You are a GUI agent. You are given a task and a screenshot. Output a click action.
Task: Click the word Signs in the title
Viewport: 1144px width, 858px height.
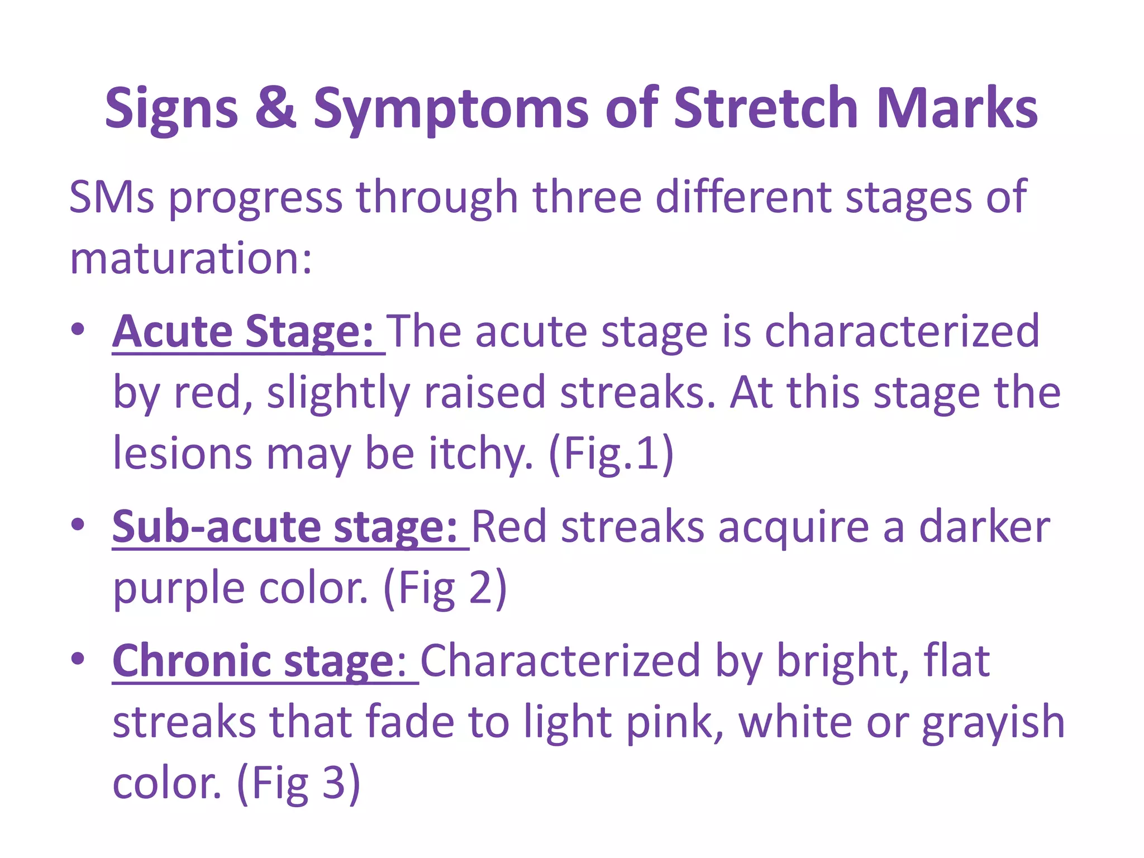coord(171,108)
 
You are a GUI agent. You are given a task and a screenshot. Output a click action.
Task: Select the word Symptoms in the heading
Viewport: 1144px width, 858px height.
coord(450,108)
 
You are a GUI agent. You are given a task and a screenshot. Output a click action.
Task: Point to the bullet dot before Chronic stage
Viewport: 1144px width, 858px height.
coord(78,659)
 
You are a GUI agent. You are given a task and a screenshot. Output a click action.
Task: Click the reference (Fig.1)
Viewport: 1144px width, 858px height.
coord(612,454)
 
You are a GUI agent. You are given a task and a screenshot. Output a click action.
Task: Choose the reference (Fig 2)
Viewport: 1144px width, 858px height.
coord(445,588)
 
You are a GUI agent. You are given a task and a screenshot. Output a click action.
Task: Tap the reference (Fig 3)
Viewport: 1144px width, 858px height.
coord(299,783)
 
